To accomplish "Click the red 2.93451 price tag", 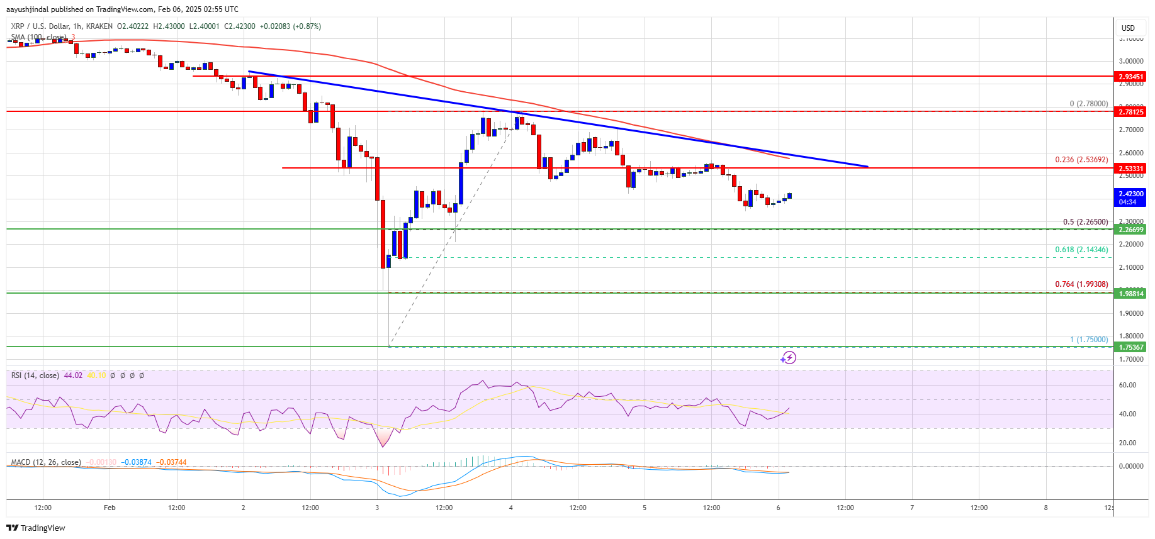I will [x=1130, y=77].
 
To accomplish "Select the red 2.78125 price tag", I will [x=1130, y=112].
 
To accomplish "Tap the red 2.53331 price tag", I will [x=1130, y=169].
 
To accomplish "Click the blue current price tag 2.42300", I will [x=1130, y=197].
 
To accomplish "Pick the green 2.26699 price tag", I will [x=1130, y=230].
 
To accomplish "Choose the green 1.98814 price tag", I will [x=1130, y=294].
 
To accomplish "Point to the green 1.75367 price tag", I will [x=1130, y=347].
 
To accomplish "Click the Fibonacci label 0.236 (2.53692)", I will [x=1081, y=160].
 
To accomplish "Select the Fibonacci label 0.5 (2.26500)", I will [x=1085, y=222].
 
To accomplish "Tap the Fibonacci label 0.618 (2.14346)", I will [x=1081, y=250].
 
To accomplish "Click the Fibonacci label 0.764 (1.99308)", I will [x=1081, y=284].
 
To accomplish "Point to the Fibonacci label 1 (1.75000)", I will [x=1089, y=340].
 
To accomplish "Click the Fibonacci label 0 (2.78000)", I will [x=1088, y=104].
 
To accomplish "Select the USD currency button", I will [x=1128, y=28].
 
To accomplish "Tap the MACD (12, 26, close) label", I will [x=46, y=462].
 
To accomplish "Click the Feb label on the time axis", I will [x=110, y=508].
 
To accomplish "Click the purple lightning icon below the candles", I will [x=788, y=358].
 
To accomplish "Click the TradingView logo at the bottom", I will [x=36, y=528].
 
